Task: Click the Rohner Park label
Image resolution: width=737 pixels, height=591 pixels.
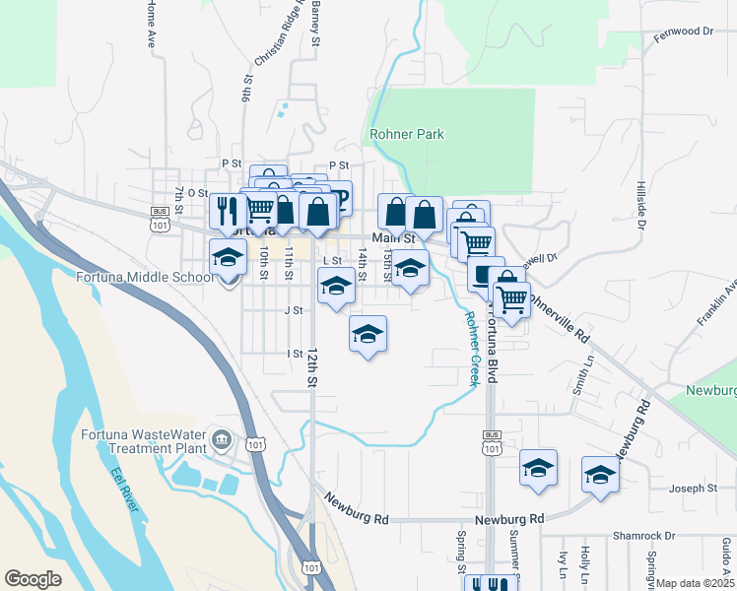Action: [x=406, y=134]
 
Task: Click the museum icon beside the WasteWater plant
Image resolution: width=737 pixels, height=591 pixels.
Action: [x=221, y=438]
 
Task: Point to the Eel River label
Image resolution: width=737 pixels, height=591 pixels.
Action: [x=124, y=488]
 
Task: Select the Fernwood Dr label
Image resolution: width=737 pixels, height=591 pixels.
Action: [x=683, y=32]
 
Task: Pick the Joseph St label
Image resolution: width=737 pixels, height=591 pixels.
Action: [x=693, y=488]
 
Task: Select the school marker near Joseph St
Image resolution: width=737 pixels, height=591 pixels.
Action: [x=600, y=474]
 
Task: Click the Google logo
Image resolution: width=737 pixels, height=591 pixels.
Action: [x=33, y=579]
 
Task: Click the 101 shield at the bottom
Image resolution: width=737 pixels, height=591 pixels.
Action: [x=311, y=567]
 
